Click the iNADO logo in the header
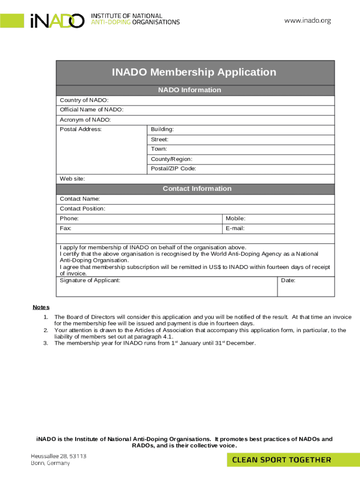(x=57, y=21)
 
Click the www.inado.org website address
(x=308, y=21)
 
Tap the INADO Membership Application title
(x=194, y=72)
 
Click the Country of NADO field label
(x=84, y=100)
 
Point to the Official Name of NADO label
(x=92, y=109)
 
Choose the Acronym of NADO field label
(x=85, y=120)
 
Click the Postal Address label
(x=80, y=129)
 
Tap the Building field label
(x=162, y=129)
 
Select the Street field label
(x=159, y=139)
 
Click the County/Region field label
(x=171, y=159)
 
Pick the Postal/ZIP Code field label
(x=173, y=168)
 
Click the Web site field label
(x=72, y=179)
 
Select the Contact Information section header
(x=197, y=189)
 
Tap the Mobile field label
(x=236, y=218)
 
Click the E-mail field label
(x=235, y=228)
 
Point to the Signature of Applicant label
(x=90, y=280)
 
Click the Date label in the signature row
(x=288, y=280)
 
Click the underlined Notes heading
(x=41, y=307)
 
